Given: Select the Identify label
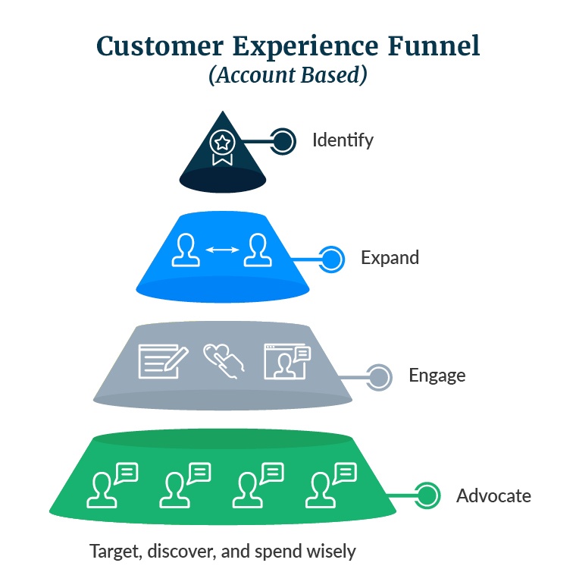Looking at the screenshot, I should tap(343, 140).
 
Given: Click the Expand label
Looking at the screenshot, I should tap(390, 258).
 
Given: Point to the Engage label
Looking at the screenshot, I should tap(437, 376).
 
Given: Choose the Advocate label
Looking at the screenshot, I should tap(493, 496).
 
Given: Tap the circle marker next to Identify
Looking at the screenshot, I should tap(283, 140).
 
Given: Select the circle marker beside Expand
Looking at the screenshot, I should tap(331, 259).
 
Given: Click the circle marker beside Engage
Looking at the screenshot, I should tap(379, 376).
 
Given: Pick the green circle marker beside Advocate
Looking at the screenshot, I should tap(427, 496).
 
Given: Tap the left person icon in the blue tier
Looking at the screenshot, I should tap(186, 251).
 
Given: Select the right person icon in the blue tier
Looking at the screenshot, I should tap(256, 251).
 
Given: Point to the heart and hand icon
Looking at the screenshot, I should tap(224, 362).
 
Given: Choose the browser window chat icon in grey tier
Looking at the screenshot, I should tap(286, 361).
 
